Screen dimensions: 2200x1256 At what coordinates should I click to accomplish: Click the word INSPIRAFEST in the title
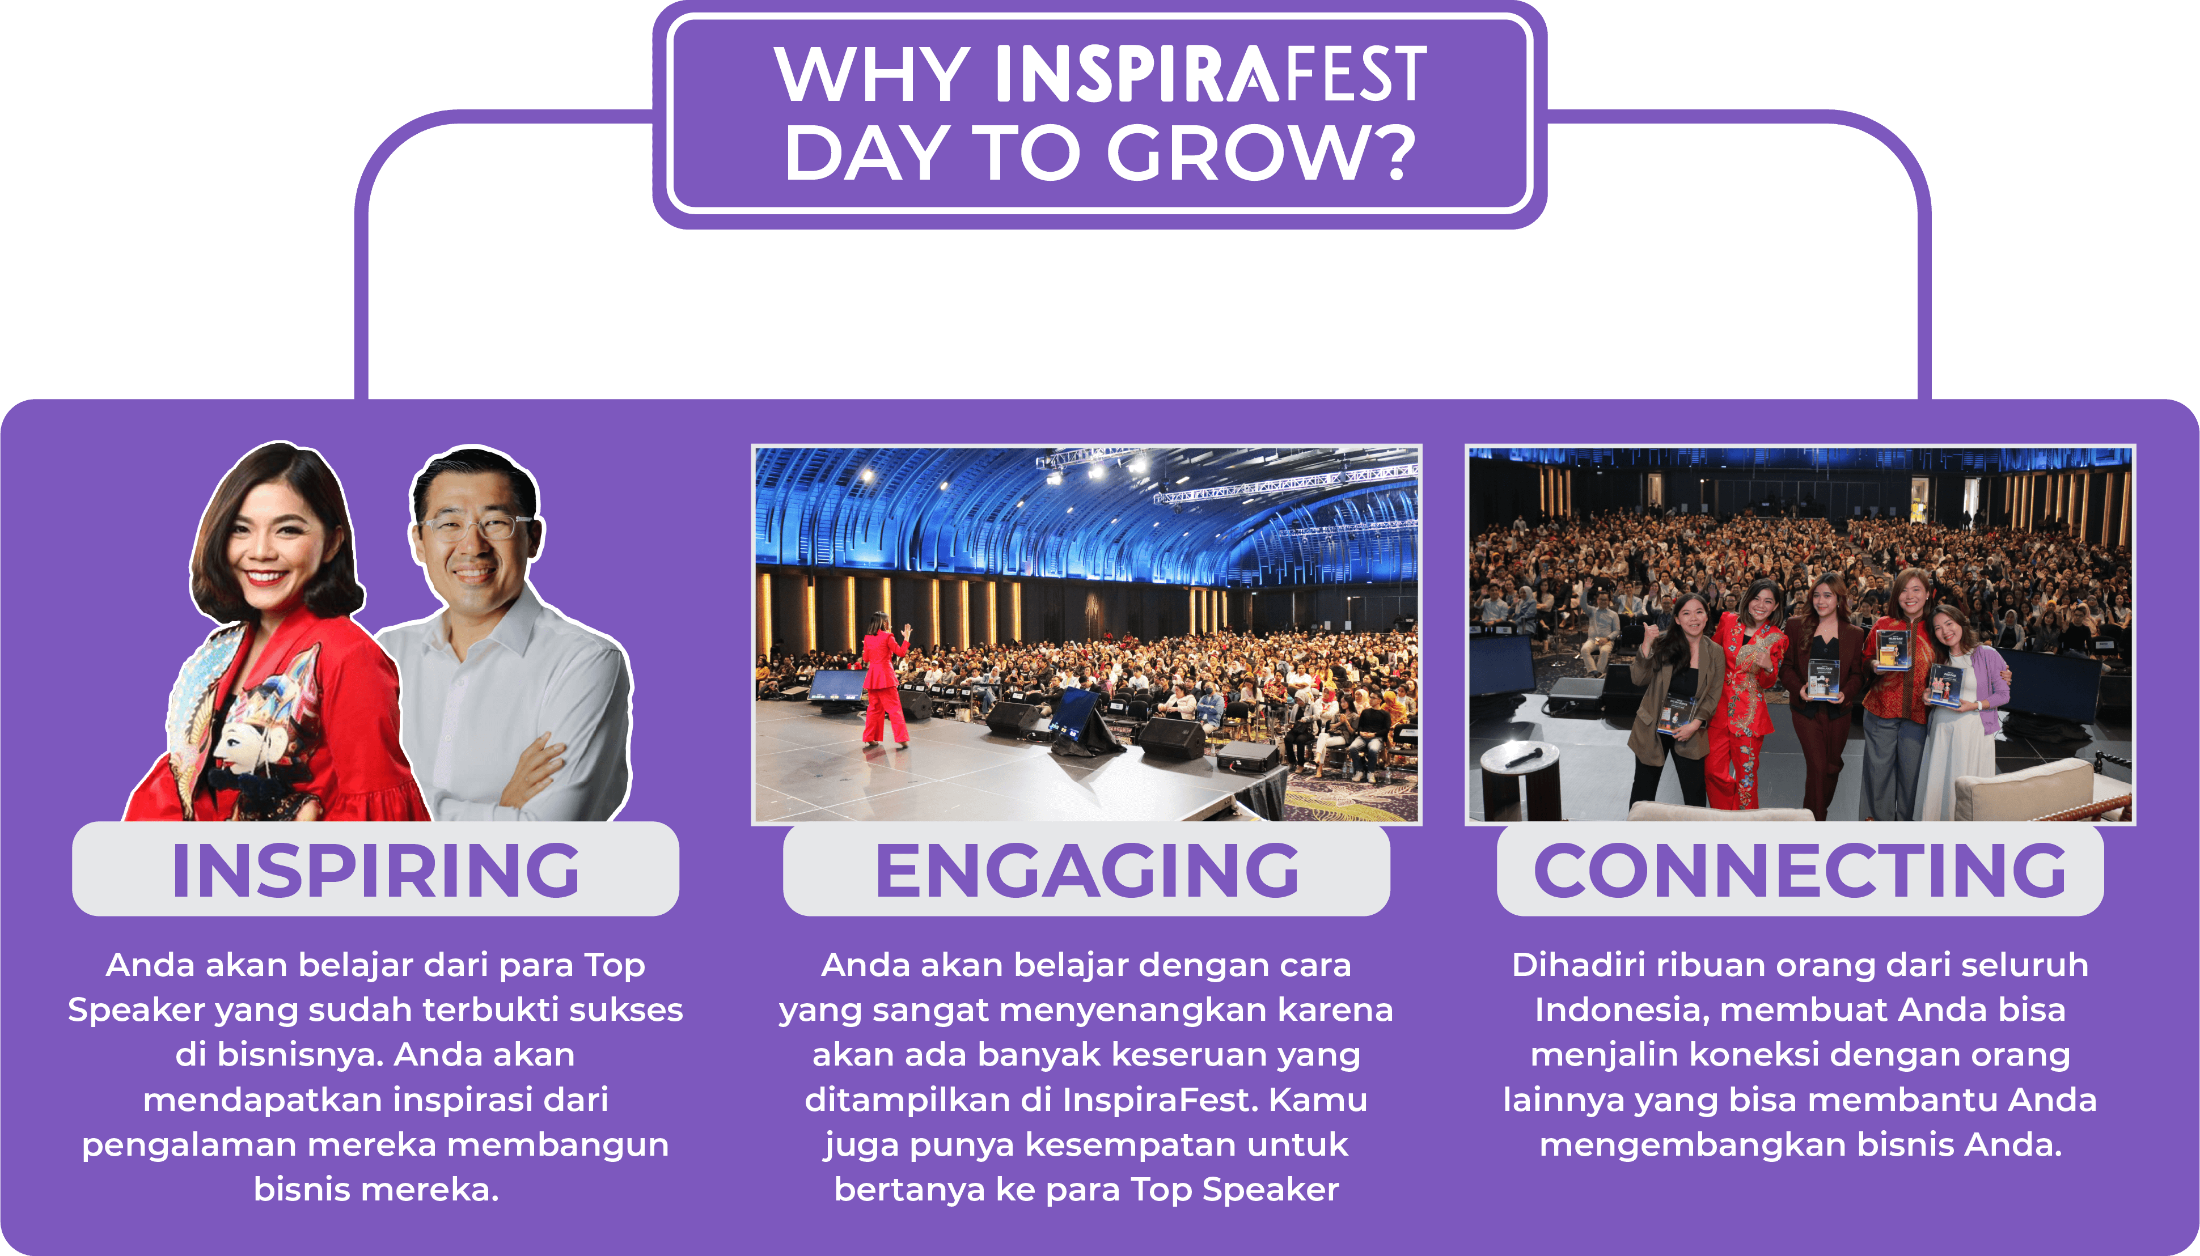pyautogui.click(x=1211, y=74)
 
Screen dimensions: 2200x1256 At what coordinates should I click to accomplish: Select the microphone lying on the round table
pyautogui.click(x=1525, y=758)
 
